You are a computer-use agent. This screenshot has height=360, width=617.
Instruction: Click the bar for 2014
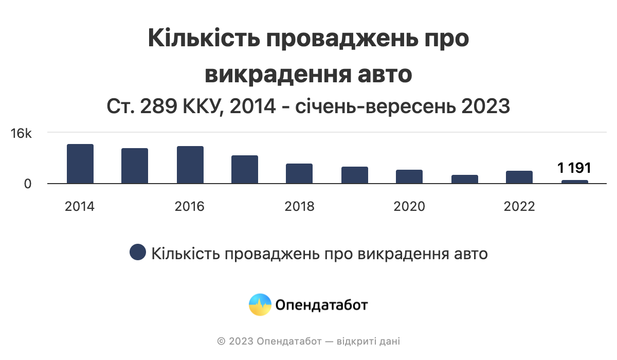80,164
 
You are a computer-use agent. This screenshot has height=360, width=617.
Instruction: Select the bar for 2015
135,166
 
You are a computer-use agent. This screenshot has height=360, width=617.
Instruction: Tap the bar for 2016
190,165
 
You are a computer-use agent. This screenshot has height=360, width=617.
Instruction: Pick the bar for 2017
245,169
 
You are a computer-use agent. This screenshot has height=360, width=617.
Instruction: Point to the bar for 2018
299,173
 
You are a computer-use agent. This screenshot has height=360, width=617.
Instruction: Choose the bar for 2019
355,175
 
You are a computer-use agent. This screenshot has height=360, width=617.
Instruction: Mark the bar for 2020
409,176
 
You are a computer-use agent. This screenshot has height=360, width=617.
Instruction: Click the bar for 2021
465,179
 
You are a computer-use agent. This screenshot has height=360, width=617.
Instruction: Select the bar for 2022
519,177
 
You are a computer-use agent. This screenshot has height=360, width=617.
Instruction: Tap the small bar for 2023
575,182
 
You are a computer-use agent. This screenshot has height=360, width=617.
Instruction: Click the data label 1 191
574,168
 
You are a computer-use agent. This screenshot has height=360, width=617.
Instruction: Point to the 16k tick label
22,134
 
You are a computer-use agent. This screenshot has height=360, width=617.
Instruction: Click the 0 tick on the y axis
28,184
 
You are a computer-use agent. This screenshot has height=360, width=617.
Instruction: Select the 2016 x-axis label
190,207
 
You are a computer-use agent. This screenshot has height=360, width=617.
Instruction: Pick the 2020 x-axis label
409,207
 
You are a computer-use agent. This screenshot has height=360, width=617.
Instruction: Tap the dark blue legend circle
137,253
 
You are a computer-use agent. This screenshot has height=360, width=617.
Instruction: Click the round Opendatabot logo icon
260,304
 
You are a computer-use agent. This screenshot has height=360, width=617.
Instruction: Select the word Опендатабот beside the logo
322,305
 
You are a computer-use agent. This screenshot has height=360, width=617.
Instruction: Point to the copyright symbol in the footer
221,341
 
